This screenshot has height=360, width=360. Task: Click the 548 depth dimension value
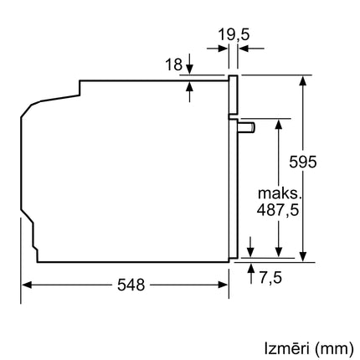click(125, 285)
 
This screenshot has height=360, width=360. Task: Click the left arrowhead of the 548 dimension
click(25, 285)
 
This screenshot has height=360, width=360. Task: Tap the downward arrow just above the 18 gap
click(190, 66)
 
